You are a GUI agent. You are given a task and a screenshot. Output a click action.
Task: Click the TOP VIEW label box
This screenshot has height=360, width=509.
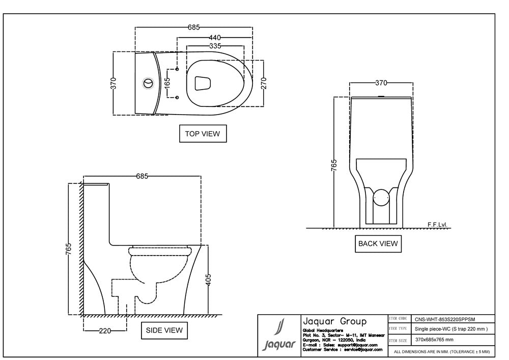pos(203,134)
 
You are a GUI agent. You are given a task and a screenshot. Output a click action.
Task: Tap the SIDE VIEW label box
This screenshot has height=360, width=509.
pos(164,330)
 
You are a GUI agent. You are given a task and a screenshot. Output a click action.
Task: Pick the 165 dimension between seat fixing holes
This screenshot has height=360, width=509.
pos(167,83)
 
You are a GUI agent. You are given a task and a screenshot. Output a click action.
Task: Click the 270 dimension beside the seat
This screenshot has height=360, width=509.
pos(263,83)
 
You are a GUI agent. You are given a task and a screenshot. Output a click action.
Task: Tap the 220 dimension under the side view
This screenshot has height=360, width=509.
pos(105,331)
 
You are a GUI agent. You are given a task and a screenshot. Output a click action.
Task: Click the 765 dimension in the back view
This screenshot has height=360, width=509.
pos(334,166)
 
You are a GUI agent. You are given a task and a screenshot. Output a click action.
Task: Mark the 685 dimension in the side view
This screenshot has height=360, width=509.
pos(142,176)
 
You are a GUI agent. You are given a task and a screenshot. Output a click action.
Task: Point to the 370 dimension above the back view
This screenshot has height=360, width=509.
pos(381,82)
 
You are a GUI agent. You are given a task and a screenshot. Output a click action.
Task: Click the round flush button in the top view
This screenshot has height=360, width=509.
pos(149,82)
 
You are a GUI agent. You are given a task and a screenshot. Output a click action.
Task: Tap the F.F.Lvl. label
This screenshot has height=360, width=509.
pos(439,224)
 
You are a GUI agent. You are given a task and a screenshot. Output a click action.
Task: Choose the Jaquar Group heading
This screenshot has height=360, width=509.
pos(334,321)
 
